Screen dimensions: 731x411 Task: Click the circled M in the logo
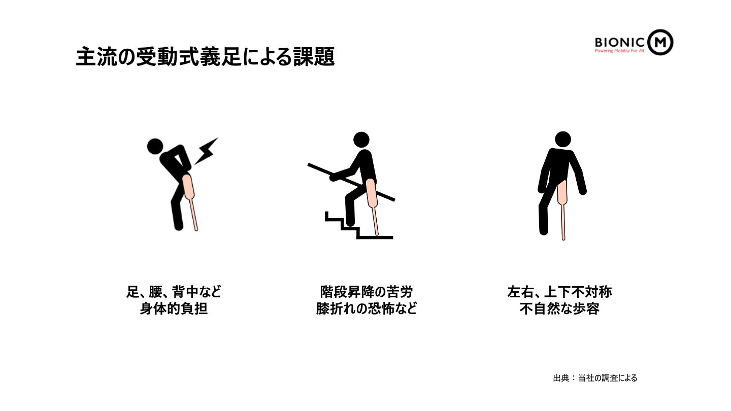(x=660, y=42)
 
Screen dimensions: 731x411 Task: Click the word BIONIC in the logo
(x=619, y=43)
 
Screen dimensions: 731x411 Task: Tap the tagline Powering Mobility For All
(x=619, y=51)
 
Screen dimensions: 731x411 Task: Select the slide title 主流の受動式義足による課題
(x=205, y=57)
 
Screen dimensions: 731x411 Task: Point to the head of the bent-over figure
(x=155, y=147)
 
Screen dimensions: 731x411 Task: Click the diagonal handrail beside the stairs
(x=351, y=182)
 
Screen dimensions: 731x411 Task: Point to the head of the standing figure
(x=563, y=140)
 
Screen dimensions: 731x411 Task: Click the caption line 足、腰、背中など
(x=174, y=292)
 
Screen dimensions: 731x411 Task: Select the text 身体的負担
(x=174, y=309)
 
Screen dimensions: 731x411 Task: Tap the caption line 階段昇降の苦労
(x=367, y=292)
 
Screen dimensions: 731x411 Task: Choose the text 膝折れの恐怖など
(x=367, y=309)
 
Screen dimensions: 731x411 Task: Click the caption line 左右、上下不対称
(x=559, y=292)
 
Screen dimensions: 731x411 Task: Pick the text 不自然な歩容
(x=559, y=309)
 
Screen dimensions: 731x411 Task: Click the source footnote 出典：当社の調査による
(x=595, y=378)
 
